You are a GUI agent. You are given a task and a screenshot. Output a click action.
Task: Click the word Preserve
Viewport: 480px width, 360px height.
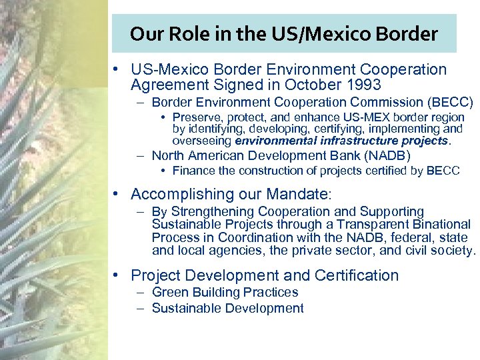[197, 117]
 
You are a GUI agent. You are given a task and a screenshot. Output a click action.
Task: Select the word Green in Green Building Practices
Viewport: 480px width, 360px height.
[168, 292]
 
